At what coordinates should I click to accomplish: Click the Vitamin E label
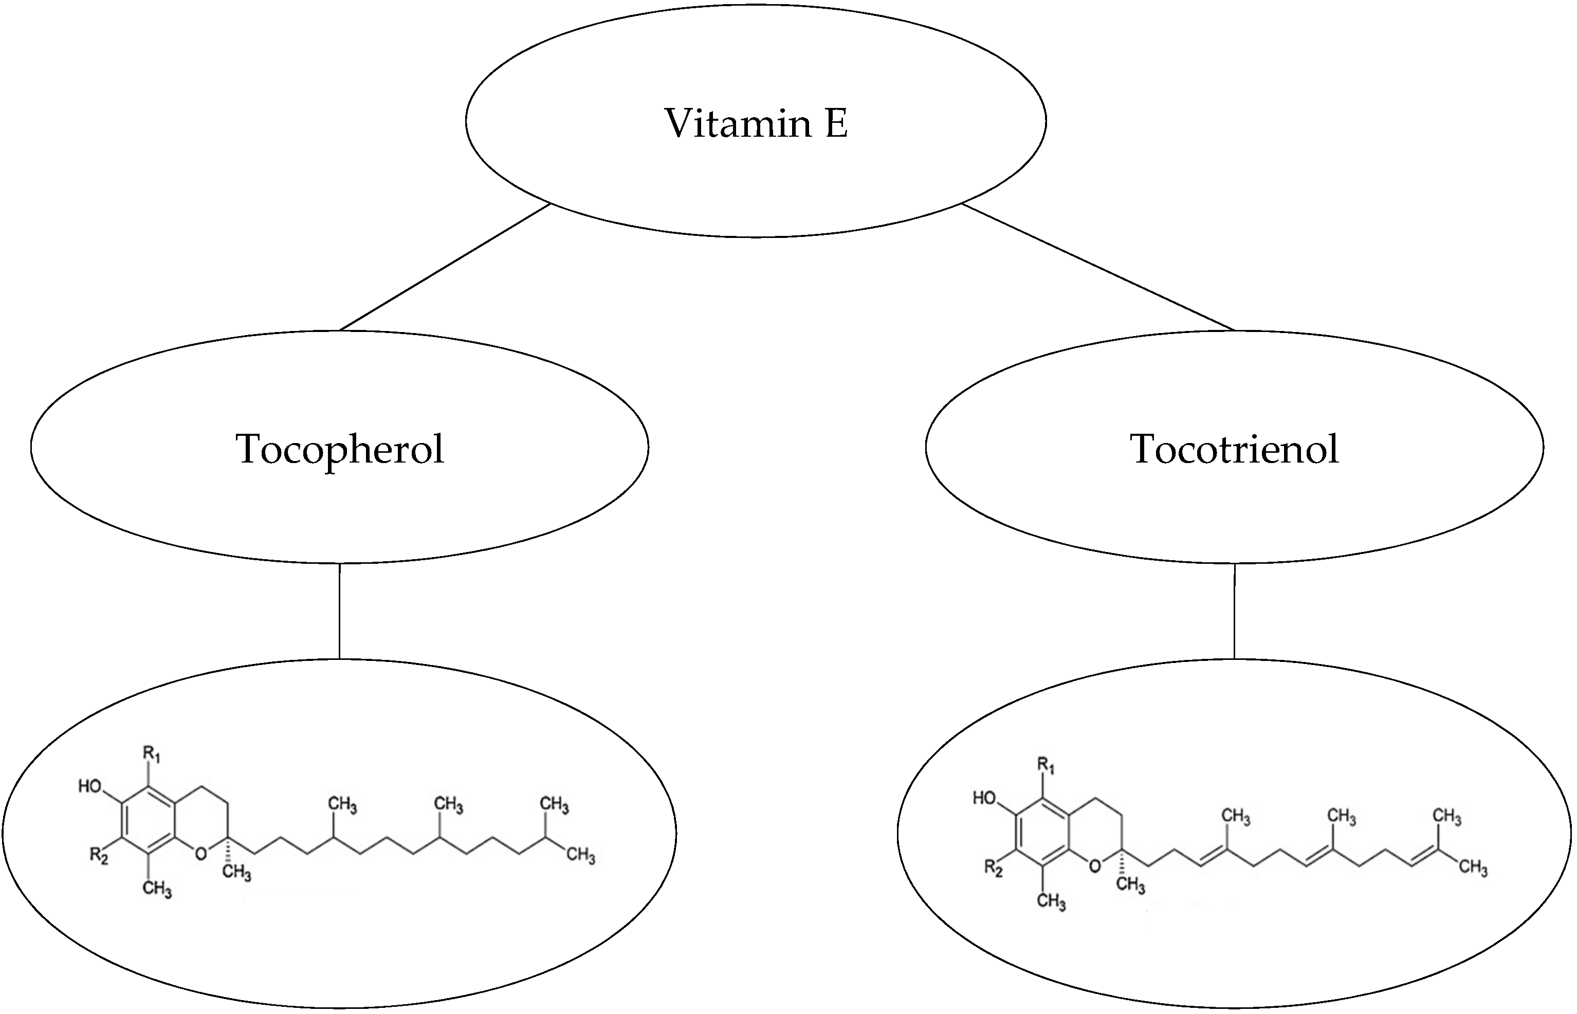point(756,123)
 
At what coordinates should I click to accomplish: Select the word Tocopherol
point(340,449)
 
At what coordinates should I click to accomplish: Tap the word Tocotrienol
point(1234,449)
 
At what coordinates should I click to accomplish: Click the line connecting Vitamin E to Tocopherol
point(445,267)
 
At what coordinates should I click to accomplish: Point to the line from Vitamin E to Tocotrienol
point(1097,267)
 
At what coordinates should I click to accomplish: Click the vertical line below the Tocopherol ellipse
point(340,611)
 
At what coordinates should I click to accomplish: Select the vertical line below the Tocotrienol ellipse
point(1234,611)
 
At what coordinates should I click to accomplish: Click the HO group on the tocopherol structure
point(90,786)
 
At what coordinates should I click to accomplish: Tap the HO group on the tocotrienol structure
point(984,798)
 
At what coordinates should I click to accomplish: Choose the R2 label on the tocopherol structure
point(99,856)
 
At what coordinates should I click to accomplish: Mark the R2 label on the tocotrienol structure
point(993,868)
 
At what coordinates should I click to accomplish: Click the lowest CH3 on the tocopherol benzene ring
point(157,889)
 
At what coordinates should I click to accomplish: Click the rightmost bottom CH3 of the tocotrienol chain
point(1473,868)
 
